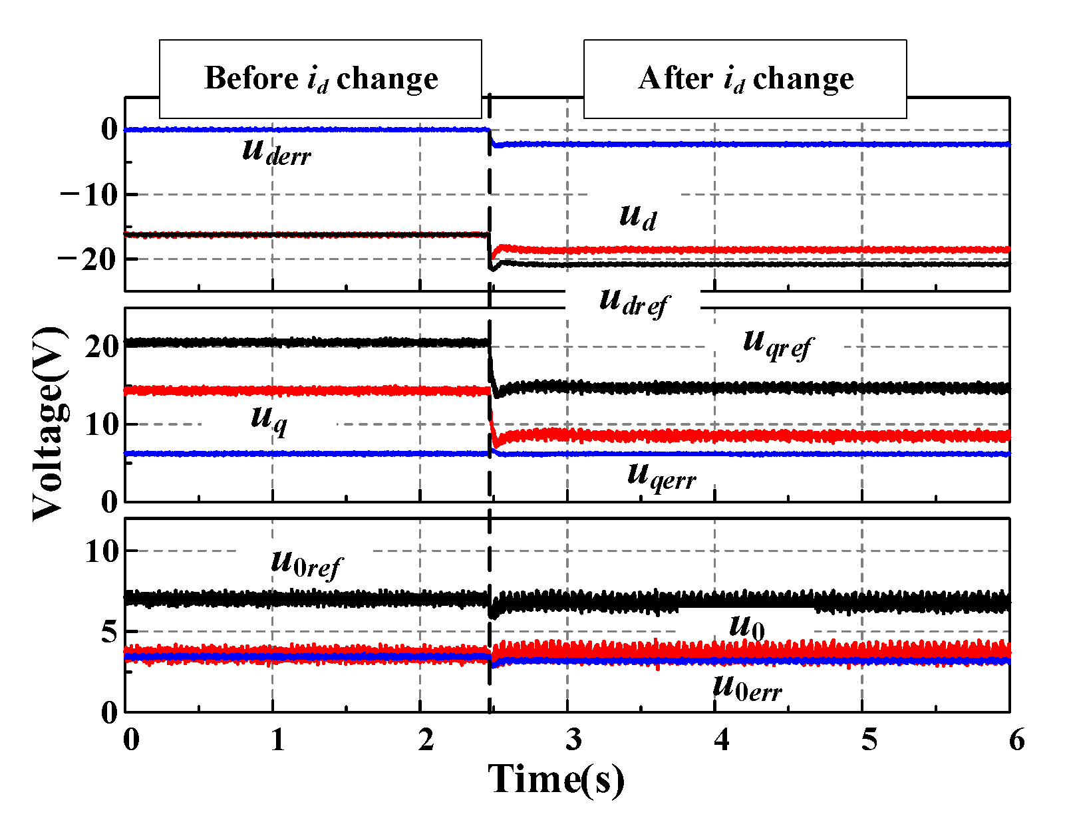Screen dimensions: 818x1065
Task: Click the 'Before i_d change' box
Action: (x=320, y=79)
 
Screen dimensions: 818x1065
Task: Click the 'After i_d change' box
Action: (x=745, y=79)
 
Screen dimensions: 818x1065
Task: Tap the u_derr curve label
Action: (x=276, y=152)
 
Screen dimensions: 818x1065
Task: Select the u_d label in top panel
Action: (x=637, y=216)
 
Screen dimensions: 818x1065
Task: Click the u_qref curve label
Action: (x=776, y=344)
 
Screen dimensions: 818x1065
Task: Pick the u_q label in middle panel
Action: (x=269, y=419)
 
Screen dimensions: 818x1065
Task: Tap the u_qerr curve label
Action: (x=661, y=476)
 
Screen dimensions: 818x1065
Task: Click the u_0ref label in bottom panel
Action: (x=305, y=564)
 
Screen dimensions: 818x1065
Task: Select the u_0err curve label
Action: (x=746, y=686)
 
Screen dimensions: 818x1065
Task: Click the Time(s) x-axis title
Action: (x=556, y=779)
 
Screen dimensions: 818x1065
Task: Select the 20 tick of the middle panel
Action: (x=101, y=346)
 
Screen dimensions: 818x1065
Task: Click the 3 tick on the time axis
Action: (x=573, y=740)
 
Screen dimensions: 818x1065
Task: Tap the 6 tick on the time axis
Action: (x=1016, y=740)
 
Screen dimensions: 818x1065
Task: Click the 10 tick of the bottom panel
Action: (x=101, y=551)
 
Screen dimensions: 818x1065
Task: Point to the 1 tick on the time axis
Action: (x=277, y=740)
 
